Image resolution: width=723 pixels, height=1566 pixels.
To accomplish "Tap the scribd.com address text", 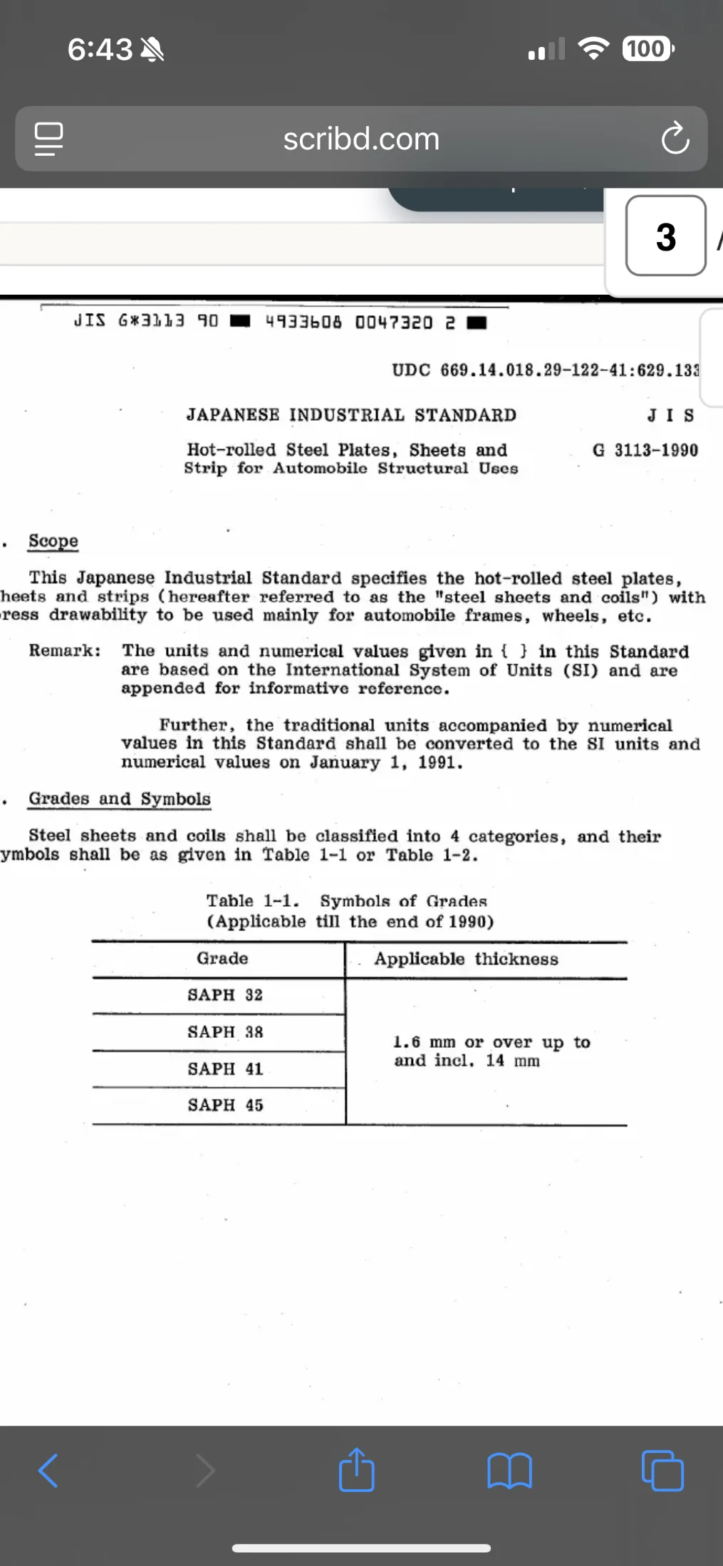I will click(x=361, y=139).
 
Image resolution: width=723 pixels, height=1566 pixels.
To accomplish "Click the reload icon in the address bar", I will click(x=675, y=139).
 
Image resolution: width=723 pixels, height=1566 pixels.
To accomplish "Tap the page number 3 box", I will click(x=665, y=236).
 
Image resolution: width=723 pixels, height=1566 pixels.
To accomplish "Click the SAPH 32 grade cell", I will click(x=225, y=995).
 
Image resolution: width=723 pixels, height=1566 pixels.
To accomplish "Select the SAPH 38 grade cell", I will click(x=225, y=1032).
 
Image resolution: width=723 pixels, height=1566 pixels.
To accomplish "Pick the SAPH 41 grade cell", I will click(x=225, y=1069).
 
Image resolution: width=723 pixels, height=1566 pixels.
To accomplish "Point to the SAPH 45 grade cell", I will click(x=225, y=1105).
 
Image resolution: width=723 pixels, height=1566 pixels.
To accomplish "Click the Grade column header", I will click(x=222, y=959).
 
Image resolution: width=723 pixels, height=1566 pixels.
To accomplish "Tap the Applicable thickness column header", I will click(x=466, y=960).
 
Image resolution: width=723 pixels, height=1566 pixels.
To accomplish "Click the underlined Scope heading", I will click(x=53, y=541).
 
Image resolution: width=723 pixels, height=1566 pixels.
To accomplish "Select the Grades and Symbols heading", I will click(x=120, y=799).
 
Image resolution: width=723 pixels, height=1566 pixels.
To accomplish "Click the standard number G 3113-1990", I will click(x=645, y=450).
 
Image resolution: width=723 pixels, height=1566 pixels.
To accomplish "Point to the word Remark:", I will click(x=65, y=651).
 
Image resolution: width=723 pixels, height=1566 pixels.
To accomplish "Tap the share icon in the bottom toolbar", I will click(x=357, y=1470).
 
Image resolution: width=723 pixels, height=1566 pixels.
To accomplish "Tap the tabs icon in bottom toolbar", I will click(x=662, y=1471).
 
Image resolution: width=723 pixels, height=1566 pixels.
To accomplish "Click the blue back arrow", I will click(x=48, y=1471).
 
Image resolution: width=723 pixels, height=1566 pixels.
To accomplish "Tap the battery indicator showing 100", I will click(x=647, y=49).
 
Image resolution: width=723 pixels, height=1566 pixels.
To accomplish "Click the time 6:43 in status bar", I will click(x=100, y=49).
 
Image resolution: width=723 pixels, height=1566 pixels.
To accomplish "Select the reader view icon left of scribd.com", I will click(x=49, y=139).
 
